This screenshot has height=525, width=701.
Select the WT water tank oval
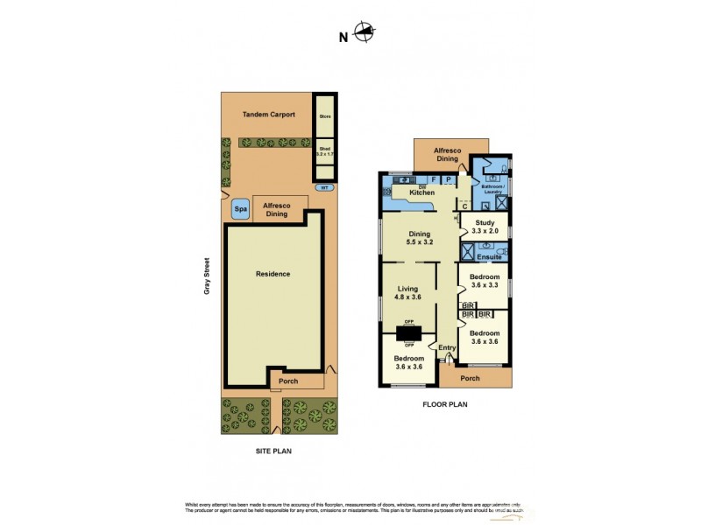324,187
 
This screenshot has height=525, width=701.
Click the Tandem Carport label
268,115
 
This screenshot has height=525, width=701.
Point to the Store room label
325,115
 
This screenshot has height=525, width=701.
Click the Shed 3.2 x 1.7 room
325,151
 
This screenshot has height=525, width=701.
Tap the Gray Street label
208,275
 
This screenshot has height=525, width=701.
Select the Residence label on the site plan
273,274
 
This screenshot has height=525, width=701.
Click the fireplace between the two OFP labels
409,333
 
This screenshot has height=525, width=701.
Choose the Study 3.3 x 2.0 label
484,227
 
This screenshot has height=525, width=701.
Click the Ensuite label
490,256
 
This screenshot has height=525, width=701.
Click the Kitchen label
422,192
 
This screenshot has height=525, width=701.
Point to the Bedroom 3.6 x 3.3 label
484,281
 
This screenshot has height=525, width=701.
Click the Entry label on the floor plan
447,347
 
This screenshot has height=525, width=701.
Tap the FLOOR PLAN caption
446,404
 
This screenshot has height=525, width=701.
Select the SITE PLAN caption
273,451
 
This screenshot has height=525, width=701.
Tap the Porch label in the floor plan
470,378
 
